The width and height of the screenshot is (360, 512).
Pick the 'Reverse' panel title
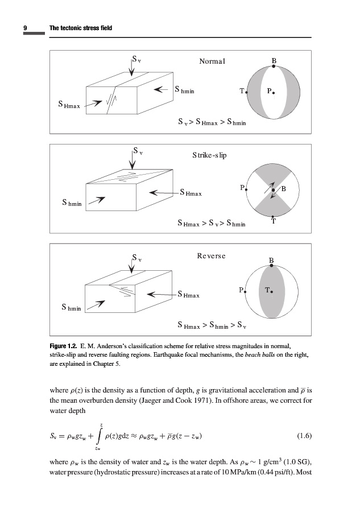pyautogui.click(x=211, y=256)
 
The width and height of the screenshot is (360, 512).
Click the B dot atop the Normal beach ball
pyautogui.click(x=274, y=66)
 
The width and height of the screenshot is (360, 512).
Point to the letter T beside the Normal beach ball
pyautogui.click(x=242, y=91)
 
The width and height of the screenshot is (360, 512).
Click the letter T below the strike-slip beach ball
pyautogui.click(x=274, y=222)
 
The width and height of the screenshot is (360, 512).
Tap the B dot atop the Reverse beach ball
pyautogui.click(x=272, y=265)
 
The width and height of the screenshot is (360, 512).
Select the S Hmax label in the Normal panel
pyautogui.click(x=69, y=105)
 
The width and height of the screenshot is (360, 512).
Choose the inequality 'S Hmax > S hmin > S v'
pyautogui.click(x=212, y=327)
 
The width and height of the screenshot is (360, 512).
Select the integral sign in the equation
pyautogui.click(x=100, y=437)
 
